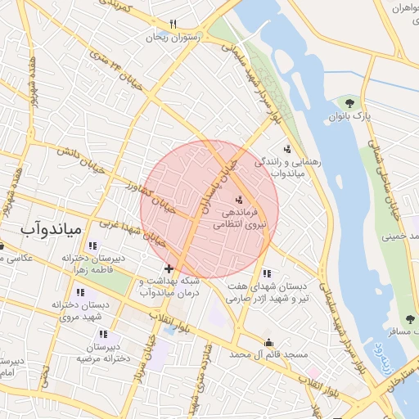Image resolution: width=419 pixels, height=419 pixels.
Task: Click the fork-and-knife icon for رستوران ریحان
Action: click(173, 24)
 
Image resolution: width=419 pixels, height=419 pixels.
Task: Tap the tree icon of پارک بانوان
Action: click(350, 103)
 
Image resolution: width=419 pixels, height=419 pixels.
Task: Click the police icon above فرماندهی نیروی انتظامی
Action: click(239, 200)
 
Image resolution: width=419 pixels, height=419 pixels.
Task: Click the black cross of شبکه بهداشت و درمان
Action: click(169, 268)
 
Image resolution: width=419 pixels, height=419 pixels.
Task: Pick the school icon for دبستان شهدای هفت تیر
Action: click(265, 273)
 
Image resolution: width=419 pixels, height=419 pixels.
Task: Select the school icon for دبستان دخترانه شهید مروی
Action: click(80, 292)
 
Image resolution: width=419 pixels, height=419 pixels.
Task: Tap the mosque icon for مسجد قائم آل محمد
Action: click(268, 343)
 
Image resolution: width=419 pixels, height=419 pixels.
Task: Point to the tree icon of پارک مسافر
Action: click(409, 320)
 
